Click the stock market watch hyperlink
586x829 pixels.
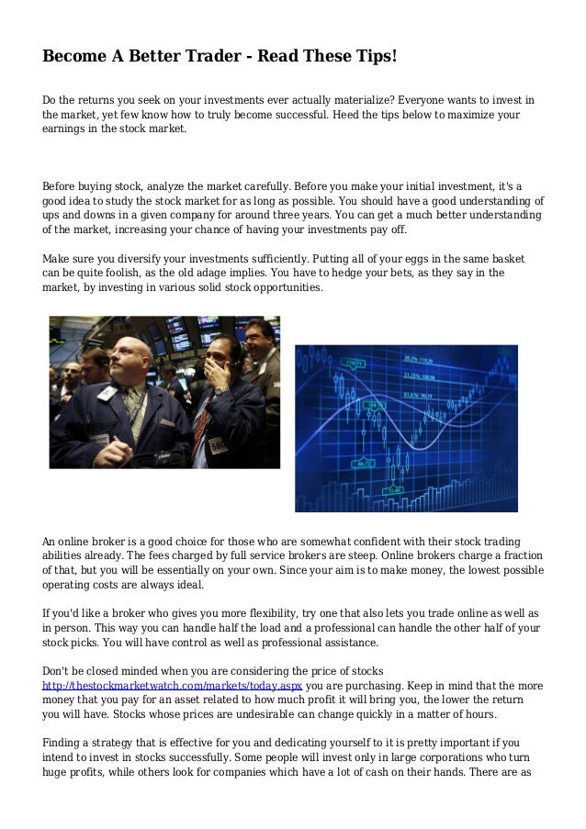(173, 685)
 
